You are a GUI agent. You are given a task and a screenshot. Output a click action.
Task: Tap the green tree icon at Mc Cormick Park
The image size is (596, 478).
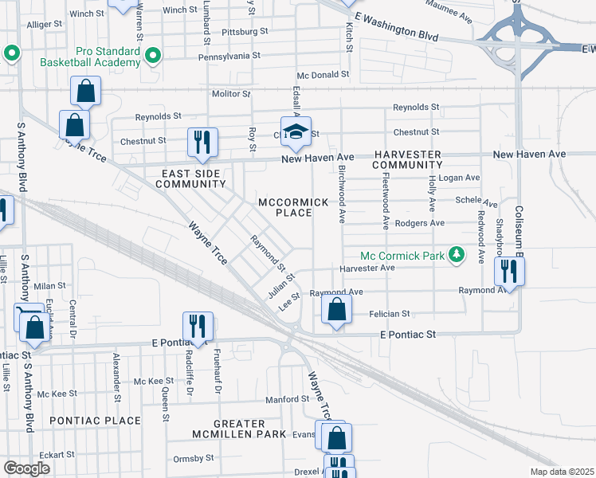click(457, 255)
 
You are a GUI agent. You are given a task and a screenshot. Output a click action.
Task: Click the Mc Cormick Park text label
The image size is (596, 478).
click(401, 256)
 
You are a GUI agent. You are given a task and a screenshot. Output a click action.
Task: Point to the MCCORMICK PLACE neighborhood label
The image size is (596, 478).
click(293, 208)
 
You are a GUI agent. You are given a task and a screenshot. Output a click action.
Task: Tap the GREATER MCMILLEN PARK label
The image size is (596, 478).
click(238, 429)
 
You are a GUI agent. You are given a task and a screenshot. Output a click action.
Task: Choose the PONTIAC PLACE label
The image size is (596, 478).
click(95, 420)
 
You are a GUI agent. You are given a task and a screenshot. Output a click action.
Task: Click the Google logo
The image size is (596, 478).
click(26, 468)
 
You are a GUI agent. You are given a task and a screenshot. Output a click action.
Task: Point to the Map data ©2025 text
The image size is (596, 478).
click(558, 472)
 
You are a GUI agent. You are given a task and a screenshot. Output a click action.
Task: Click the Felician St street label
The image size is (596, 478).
click(389, 314)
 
